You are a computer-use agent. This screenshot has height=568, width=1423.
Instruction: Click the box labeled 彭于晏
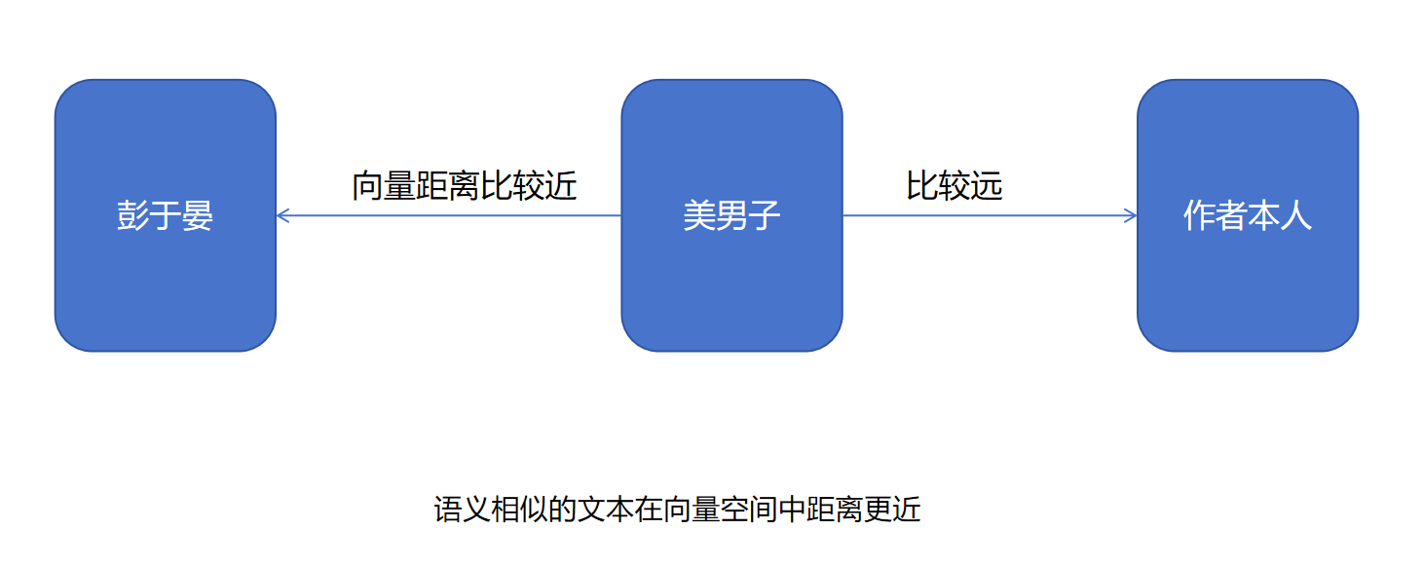(x=165, y=283)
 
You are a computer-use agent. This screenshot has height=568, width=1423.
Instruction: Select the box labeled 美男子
(x=731, y=283)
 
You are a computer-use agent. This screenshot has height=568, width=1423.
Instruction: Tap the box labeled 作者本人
(x=1247, y=283)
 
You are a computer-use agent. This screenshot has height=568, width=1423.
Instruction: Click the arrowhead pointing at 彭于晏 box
(x=282, y=215)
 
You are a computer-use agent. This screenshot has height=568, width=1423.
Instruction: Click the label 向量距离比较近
(x=464, y=185)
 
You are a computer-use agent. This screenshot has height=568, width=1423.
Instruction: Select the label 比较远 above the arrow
(x=954, y=185)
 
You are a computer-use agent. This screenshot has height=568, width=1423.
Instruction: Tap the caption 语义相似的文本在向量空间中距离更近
(x=677, y=510)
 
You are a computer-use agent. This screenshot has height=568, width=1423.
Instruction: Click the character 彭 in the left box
(x=132, y=215)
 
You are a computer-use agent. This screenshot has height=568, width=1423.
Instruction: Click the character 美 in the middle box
(x=699, y=215)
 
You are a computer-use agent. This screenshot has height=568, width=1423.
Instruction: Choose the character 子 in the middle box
(x=765, y=215)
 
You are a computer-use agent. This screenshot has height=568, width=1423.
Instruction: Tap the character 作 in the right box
(x=1199, y=215)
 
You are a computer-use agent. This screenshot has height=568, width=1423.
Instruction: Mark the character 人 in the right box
(x=1296, y=215)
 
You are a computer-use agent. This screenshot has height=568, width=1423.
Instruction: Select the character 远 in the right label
(x=987, y=185)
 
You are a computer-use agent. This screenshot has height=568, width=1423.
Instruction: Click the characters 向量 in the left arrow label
(x=384, y=185)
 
